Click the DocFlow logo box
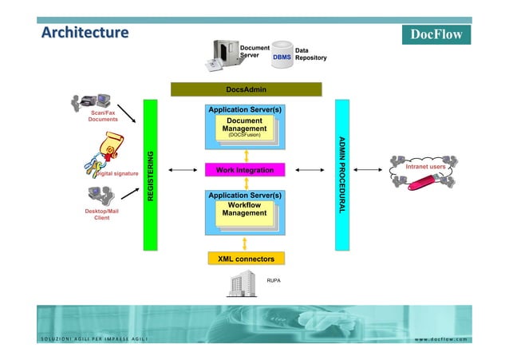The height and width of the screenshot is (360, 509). (436, 34)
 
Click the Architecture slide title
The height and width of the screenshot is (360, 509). (85, 33)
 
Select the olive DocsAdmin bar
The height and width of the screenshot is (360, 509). (246, 89)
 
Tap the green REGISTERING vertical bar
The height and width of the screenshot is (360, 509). (150, 174)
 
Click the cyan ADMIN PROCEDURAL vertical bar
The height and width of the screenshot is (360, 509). (342, 174)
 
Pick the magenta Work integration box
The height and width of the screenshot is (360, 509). (245, 170)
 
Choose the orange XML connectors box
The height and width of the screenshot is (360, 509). (246, 259)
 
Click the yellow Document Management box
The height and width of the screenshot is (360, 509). (245, 129)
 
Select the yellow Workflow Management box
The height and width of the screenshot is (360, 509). (244, 210)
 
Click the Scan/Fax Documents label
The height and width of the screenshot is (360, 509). (103, 117)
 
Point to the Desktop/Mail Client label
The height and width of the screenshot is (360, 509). (102, 214)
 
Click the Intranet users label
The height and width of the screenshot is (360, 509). (425, 167)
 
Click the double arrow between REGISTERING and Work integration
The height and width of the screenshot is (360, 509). (183, 170)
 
